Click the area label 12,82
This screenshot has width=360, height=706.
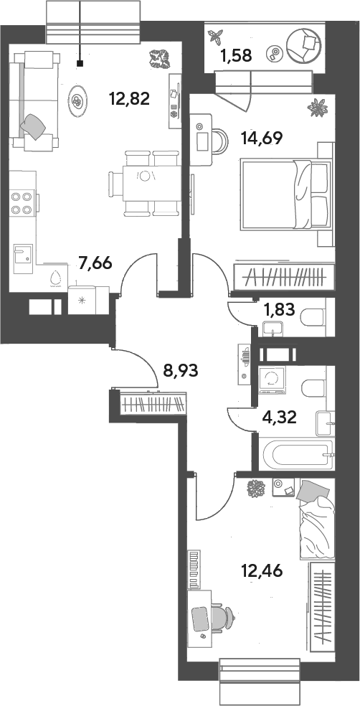click(x=129, y=98)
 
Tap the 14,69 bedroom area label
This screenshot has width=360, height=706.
click(x=262, y=138)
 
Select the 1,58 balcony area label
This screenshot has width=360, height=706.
click(x=235, y=56)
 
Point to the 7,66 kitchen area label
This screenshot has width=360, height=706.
click(x=95, y=263)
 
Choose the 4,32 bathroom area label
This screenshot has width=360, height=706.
click(x=280, y=418)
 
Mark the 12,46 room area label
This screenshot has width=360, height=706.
click(x=262, y=572)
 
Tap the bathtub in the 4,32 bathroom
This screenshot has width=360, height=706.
click(x=298, y=455)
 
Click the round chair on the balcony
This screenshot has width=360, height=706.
click(x=305, y=45)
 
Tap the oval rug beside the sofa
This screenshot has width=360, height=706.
click(x=78, y=102)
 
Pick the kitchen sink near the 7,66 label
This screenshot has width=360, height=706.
click(x=23, y=258)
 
